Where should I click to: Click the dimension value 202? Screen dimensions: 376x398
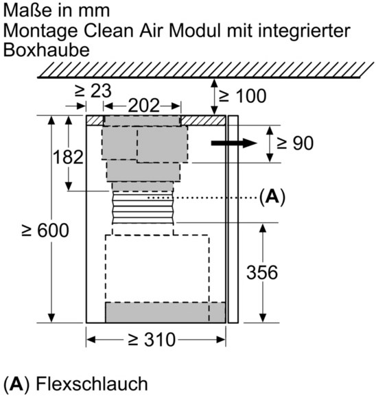143,106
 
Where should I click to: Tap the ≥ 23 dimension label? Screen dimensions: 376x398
93,91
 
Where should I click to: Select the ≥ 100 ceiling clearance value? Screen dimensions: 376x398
242,95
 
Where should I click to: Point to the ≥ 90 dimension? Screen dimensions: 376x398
295,143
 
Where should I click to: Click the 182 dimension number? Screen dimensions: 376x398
68,157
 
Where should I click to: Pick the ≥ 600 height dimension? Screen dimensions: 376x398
45,231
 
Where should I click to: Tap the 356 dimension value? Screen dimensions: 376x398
262,272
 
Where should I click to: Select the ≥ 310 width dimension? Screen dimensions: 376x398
152,340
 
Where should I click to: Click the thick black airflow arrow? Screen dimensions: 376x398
234,143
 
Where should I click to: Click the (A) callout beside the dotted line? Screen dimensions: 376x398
272,197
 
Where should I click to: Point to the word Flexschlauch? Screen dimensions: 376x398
92,384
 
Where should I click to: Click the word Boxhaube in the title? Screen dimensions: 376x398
47,49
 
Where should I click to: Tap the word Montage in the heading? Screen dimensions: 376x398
40,31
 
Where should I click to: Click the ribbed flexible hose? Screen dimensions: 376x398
143,208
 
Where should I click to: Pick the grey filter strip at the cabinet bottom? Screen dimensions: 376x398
165,312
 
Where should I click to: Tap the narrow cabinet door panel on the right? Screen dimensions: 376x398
233,220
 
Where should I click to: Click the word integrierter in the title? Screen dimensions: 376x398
289,31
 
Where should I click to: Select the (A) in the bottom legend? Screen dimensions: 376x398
16,384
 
